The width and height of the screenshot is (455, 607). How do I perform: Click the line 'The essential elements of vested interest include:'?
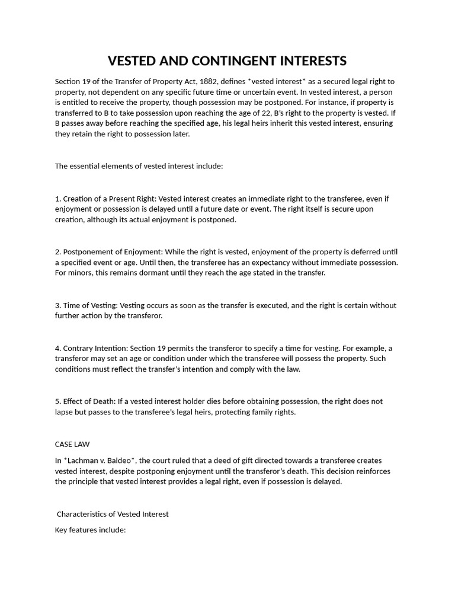pyautogui.click(x=139, y=166)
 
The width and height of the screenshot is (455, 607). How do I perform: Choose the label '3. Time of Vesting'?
pyautogui.click(x=85, y=305)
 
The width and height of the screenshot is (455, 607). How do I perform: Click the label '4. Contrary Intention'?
pyautogui.click(x=90, y=348)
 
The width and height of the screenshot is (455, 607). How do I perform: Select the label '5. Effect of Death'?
pyautogui.click(x=86, y=401)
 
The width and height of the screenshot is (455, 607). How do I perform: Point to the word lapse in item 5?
pyautogui.click(x=64, y=412)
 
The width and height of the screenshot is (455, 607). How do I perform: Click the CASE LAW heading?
pyautogui.click(x=72, y=444)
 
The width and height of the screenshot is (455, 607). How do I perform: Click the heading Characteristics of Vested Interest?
pyautogui.click(x=113, y=514)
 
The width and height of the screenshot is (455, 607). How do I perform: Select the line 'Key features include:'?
pyautogui.click(x=90, y=529)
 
